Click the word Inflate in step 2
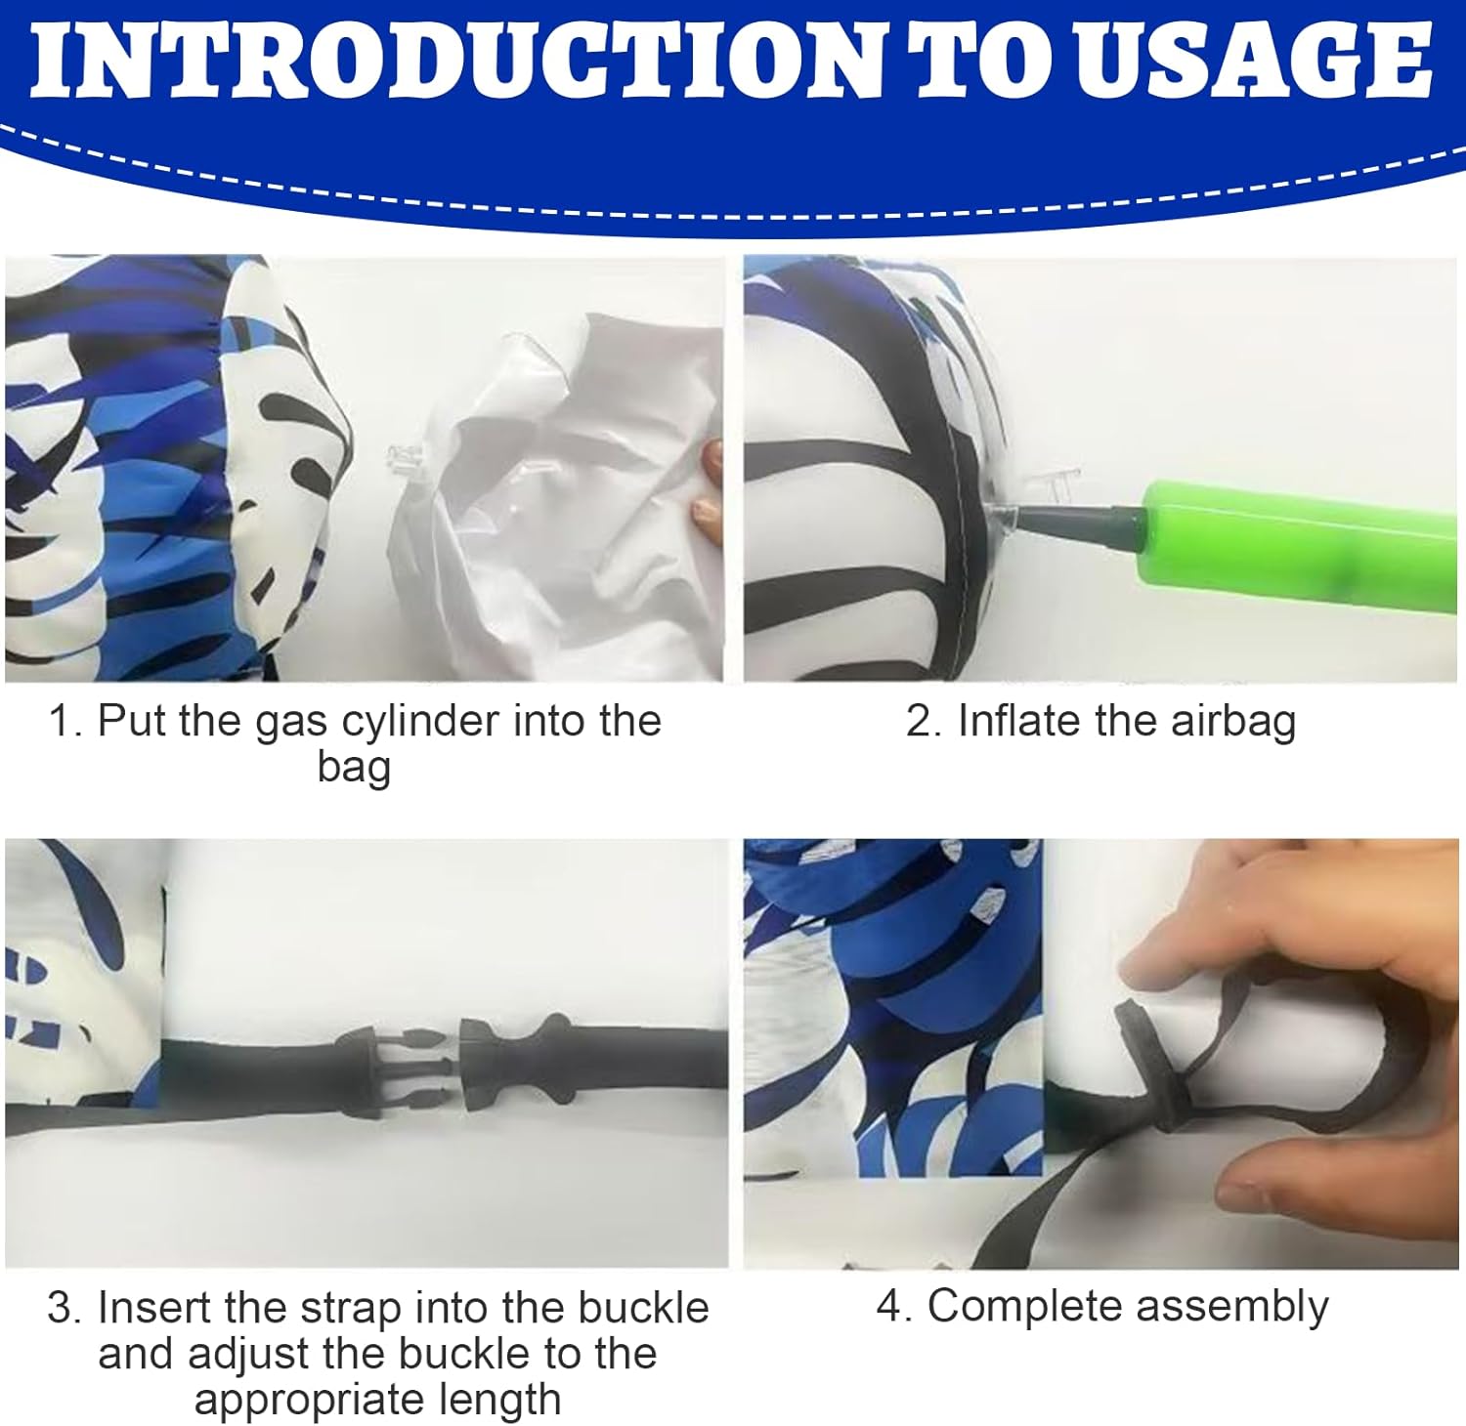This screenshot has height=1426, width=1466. click(x=1020, y=722)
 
